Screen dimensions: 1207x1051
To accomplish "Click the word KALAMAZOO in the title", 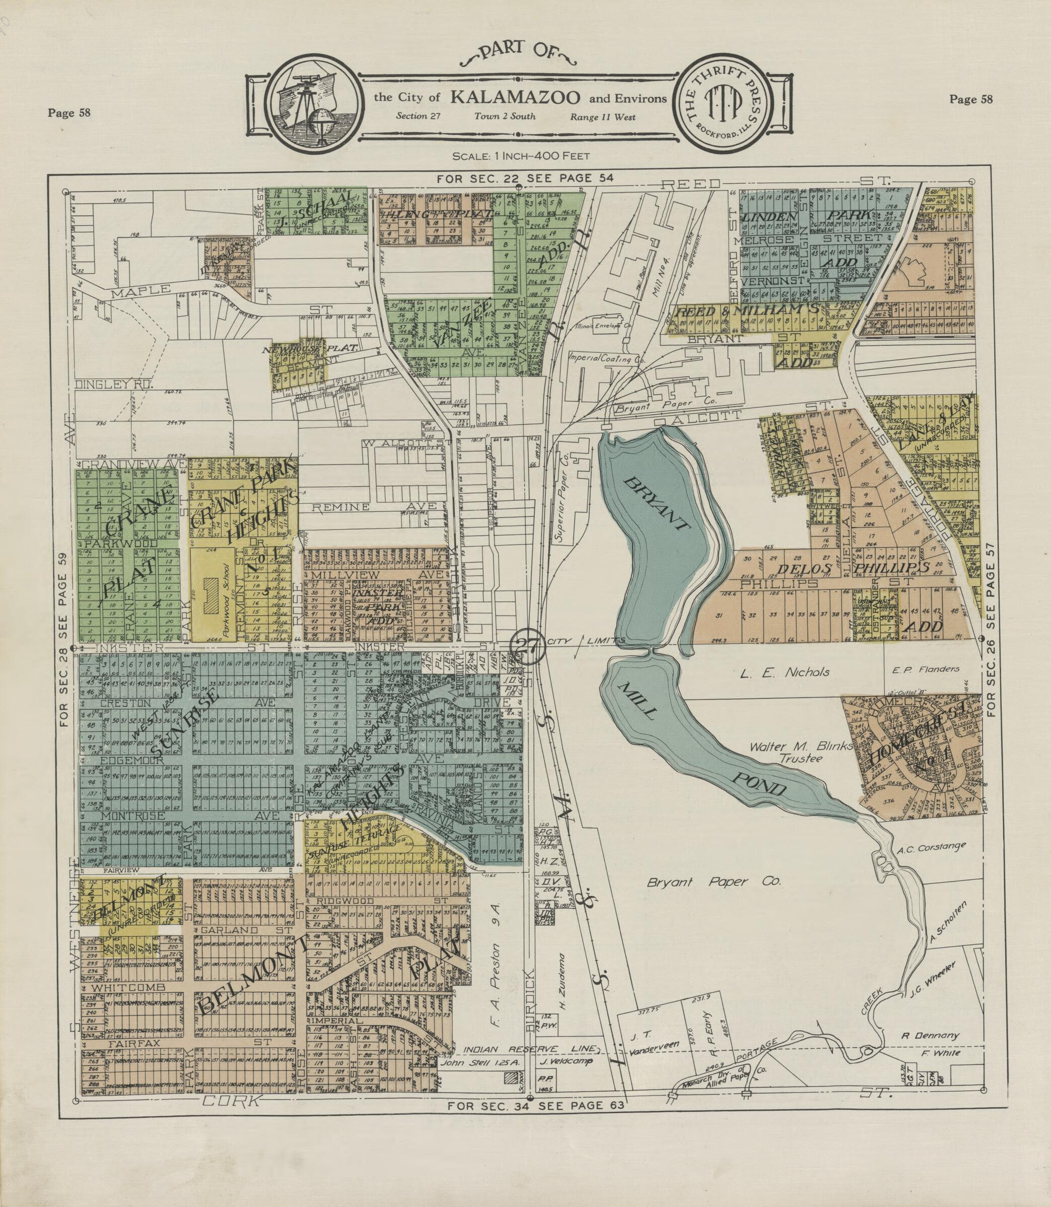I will [x=516, y=97].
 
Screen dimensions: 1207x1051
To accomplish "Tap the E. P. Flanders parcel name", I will [x=933, y=668].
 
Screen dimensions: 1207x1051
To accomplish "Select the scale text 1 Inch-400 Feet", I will [x=521, y=156].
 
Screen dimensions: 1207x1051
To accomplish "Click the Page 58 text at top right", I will [x=970, y=99].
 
